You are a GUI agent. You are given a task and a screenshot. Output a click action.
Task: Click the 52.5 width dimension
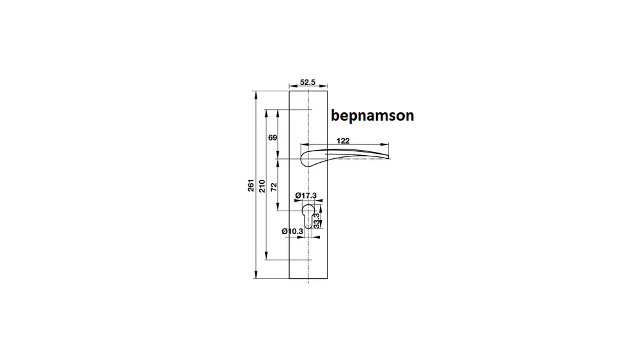[308, 82]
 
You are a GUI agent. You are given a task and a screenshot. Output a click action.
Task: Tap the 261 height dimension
[251, 185]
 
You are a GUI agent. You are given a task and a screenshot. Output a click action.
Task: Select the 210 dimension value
[262, 186]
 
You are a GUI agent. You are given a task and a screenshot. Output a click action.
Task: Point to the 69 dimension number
[273, 138]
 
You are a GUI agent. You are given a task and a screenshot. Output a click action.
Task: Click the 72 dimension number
[273, 187]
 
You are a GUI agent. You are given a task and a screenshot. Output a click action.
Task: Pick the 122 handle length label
[343, 140]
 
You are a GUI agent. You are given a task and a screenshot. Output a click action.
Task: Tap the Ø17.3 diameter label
[306, 196]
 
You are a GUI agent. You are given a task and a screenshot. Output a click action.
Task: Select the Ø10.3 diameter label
[292, 231]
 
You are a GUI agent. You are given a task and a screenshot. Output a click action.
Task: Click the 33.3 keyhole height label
[317, 221]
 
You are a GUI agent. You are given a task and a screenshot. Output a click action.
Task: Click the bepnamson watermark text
[372, 116]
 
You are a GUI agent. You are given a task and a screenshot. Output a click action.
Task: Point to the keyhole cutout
[308, 216]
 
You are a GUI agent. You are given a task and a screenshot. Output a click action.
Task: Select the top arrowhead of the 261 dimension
[256, 95]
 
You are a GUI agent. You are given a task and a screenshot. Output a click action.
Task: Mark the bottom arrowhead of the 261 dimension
[256, 274]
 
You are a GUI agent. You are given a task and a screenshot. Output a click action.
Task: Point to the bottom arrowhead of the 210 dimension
[266, 256]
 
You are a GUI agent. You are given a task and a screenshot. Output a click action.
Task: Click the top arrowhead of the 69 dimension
[278, 114]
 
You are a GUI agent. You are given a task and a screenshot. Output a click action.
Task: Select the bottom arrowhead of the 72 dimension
[278, 206]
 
